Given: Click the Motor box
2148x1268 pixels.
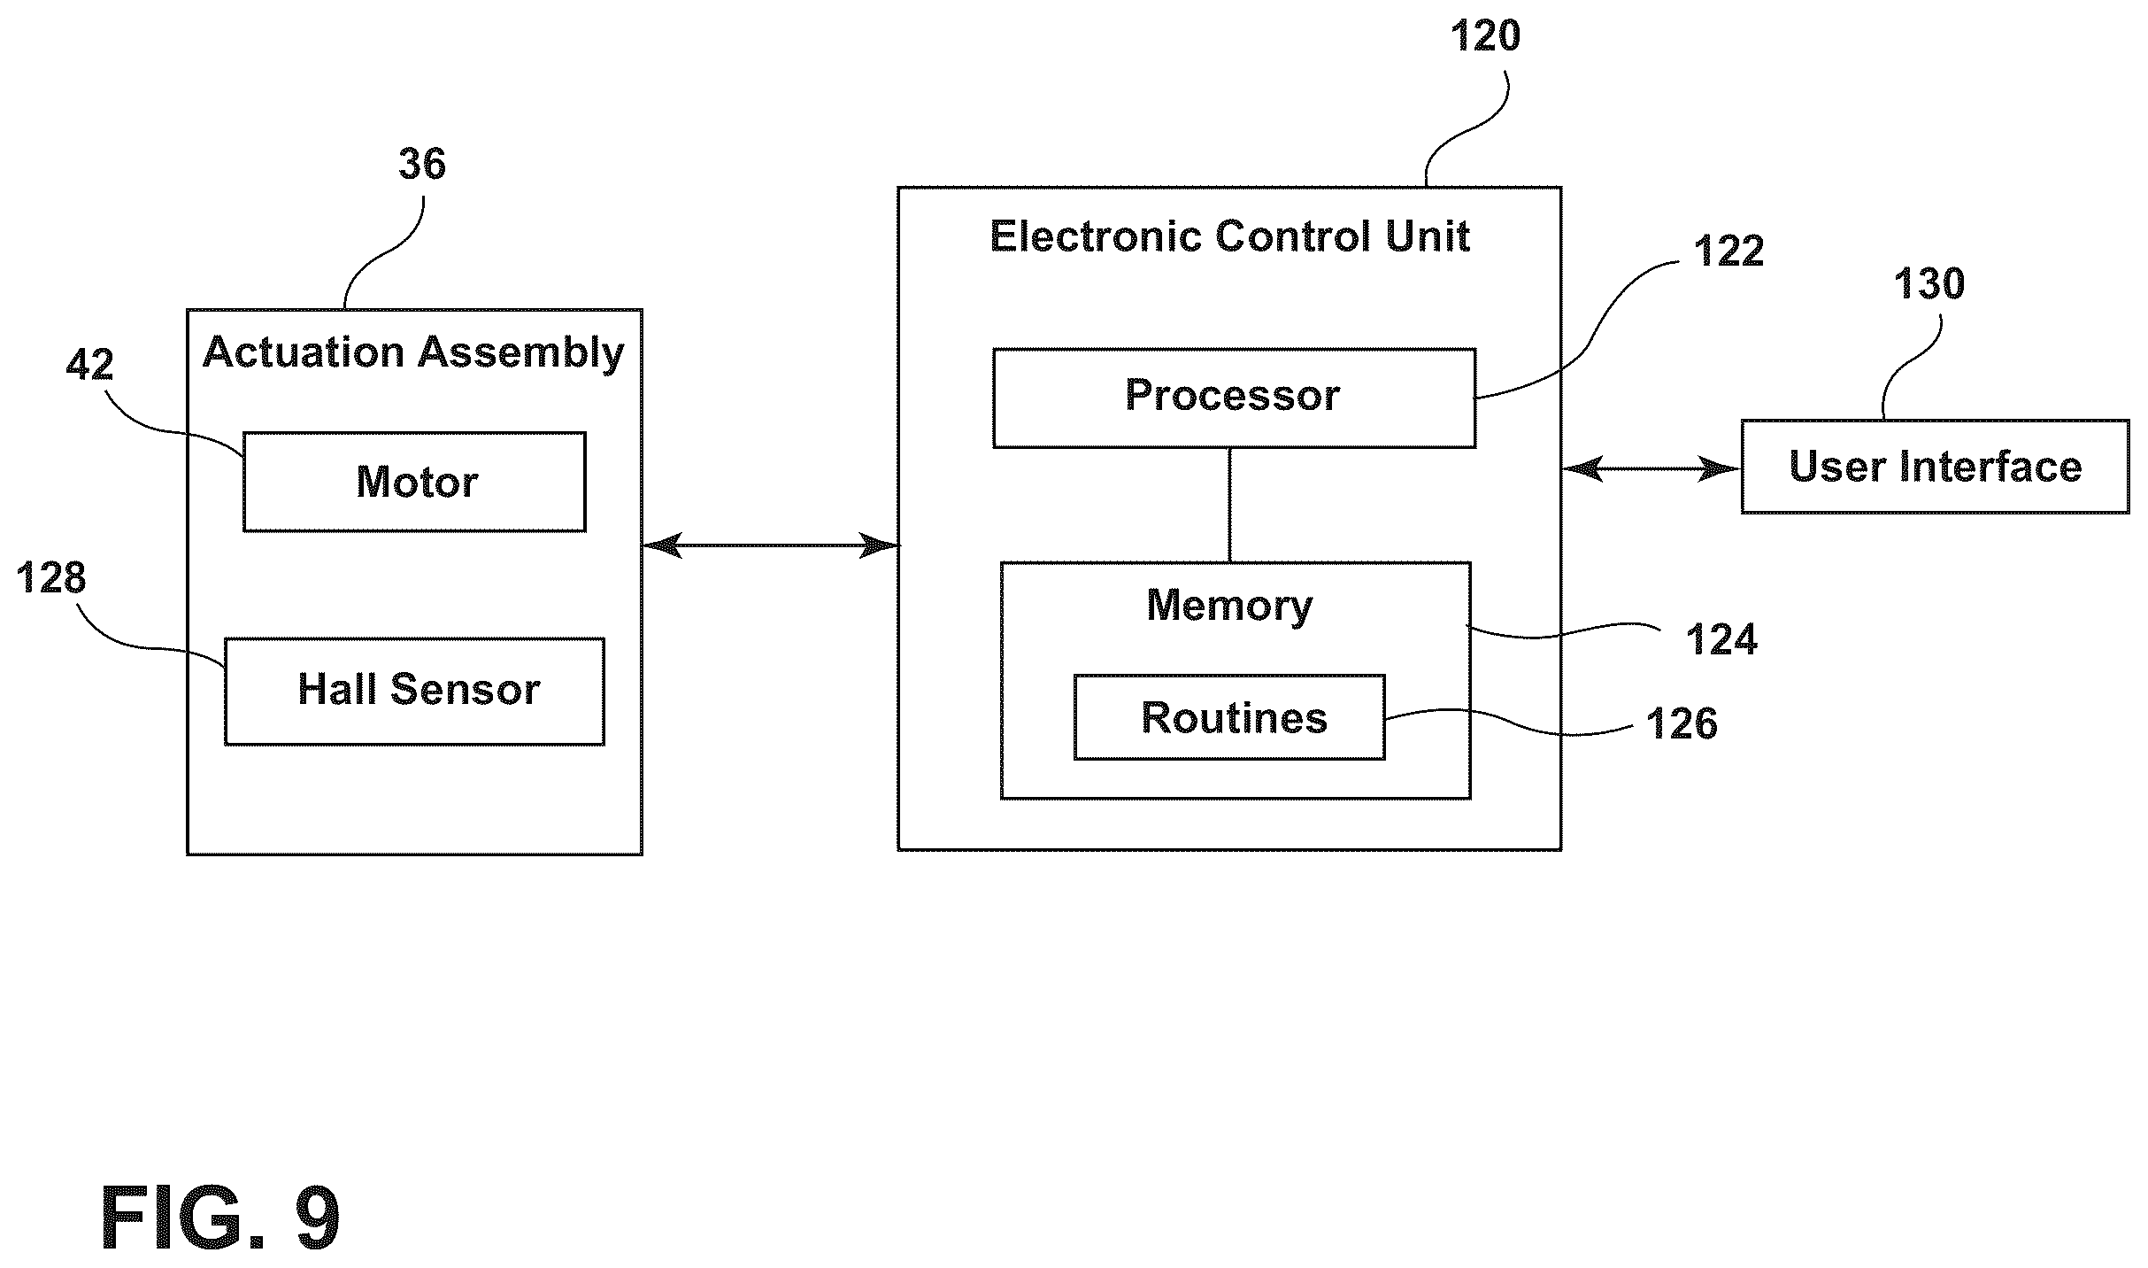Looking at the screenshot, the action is pyautogui.click(x=414, y=482).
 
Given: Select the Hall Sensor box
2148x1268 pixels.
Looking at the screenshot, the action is pyautogui.click(x=414, y=691).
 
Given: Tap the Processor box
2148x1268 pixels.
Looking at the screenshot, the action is pyautogui.click(x=1234, y=398).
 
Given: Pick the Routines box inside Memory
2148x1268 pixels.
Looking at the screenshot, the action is pyautogui.click(x=1229, y=717).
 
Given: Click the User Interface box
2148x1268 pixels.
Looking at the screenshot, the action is pyautogui.click(x=1935, y=467).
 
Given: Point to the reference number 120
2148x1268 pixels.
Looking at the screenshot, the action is pyautogui.click(x=1485, y=36).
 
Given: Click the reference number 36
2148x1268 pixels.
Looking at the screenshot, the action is pyautogui.click(x=422, y=164).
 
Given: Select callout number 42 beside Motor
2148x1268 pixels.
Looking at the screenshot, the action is pyautogui.click(x=89, y=364).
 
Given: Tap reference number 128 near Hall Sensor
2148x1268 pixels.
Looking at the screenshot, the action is pyautogui.click(x=51, y=577).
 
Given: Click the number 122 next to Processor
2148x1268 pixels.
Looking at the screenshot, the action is pyautogui.click(x=1728, y=251).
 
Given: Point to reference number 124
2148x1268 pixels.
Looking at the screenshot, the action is pyautogui.click(x=1721, y=639).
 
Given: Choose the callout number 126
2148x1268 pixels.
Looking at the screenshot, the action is pyautogui.click(x=1682, y=723).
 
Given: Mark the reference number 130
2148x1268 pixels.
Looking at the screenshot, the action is pyautogui.click(x=1929, y=284).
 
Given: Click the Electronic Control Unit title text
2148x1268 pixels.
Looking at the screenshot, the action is pyautogui.click(x=1229, y=236).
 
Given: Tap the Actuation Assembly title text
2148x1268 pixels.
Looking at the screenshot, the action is pyautogui.click(x=413, y=353).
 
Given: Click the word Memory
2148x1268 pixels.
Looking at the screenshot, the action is pyautogui.click(x=1229, y=606).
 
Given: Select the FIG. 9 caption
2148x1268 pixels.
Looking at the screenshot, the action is pyautogui.click(x=220, y=1218).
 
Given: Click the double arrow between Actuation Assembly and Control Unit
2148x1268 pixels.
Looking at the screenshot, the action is pyautogui.click(x=770, y=545).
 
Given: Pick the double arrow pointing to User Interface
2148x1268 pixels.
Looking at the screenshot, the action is pyautogui.click(x=1651, y=468).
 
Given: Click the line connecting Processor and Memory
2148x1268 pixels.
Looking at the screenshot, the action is pyautogui.click(x=1229, y=505).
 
